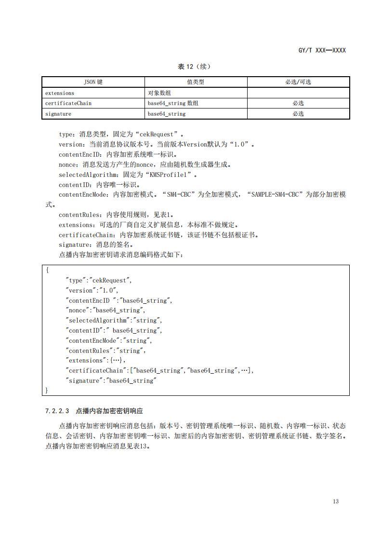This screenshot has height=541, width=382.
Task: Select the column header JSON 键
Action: click(x=93, y=82)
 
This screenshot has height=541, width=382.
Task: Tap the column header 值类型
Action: click(x=196, y=82)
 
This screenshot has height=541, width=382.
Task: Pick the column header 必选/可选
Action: click(x=298, y=82)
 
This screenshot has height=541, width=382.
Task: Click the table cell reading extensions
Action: click(x=60, y=93)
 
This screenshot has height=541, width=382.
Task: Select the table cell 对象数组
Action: click(x=158, y=93)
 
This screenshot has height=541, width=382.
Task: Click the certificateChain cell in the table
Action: click(x=68, y=103)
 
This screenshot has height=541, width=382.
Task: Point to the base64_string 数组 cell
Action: click(x=172, y=103)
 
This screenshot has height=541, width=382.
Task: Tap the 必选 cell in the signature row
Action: click(x=298, y=114)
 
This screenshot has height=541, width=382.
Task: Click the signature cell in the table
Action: click(x=58, y=114)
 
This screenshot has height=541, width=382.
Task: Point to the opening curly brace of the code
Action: click(x=47, y=270)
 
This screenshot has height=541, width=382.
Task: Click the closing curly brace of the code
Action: click(x=47, y=390)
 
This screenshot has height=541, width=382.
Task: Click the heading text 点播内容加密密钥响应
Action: click(x=109, y=411)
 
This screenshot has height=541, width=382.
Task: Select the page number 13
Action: click(x=336, y=501)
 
